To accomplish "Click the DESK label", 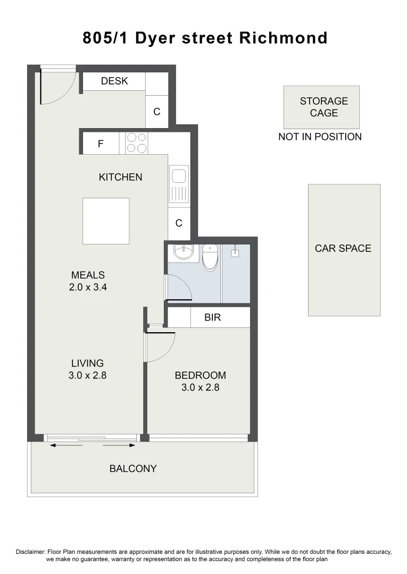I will point(114,81).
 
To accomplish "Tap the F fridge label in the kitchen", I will point(100,143).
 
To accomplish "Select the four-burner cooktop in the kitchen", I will point(137,143).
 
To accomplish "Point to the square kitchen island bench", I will point(106,221).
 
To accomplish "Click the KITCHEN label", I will point(121,177).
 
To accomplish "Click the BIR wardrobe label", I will point(212,318).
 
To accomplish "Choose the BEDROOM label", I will point(201,375).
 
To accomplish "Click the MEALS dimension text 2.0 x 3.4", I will point(88,288).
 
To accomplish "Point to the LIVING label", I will point(88,364).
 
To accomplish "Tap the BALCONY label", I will point(133,469).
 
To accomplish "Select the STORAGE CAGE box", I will point(321,107).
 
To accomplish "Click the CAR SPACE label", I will point(343,248).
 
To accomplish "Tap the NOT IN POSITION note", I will point(320,137).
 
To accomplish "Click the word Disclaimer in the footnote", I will point(31,552).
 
